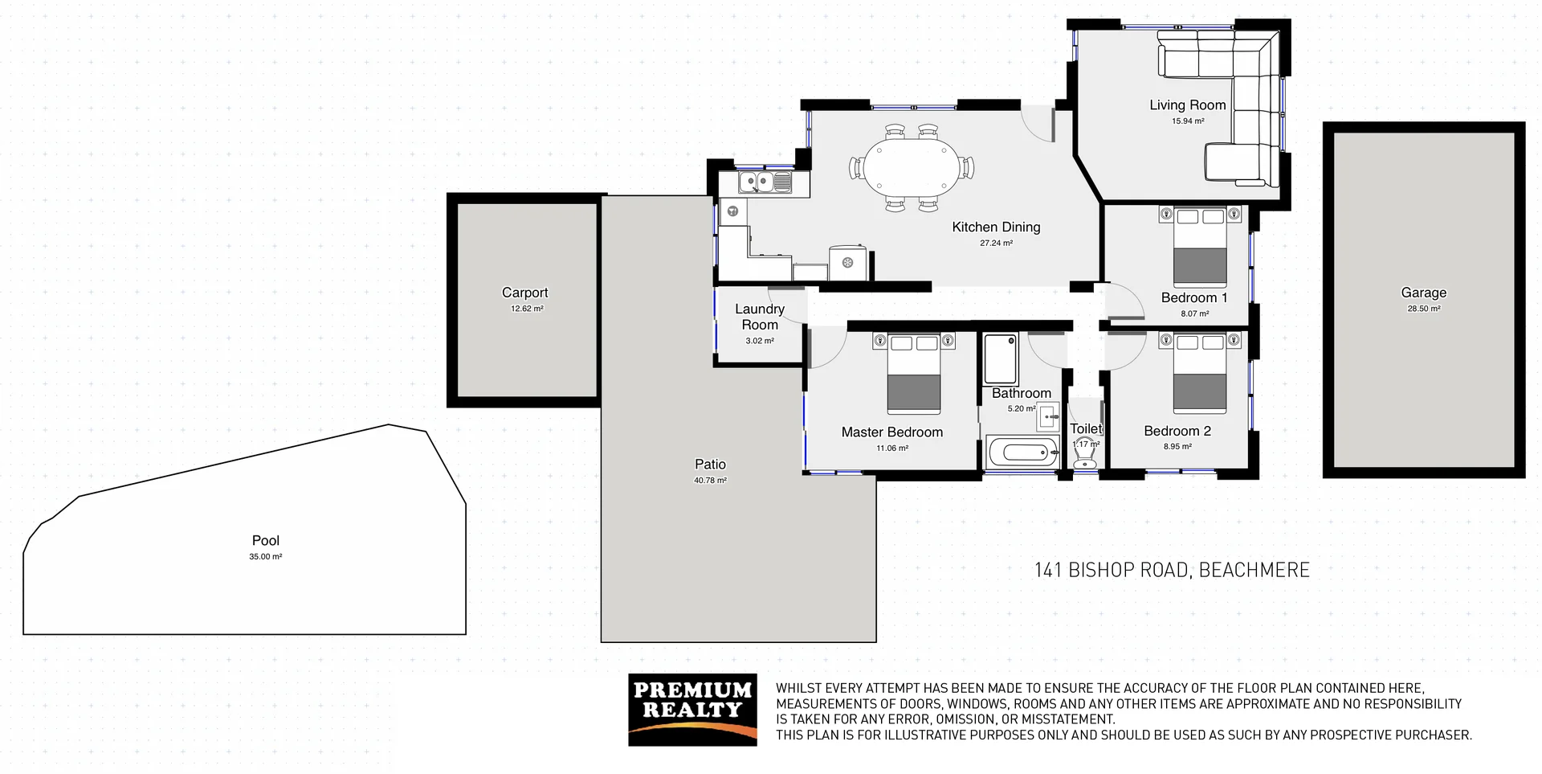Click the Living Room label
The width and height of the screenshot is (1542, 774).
click(x=1187, y=105)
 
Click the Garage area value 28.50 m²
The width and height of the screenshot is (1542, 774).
click(x=1423, y=309)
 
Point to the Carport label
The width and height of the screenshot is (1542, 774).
click(x=524, y=293)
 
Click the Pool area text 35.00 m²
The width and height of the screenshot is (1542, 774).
click(x=265, y=557)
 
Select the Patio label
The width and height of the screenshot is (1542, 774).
click(x=710, y=465)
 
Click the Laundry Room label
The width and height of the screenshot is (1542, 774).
click(x=759, y=317)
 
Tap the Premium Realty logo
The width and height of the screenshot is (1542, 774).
click(x=692, y=710)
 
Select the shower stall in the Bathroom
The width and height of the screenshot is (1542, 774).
click(x=1001, y=359)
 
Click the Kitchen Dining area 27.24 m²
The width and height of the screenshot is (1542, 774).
click(x=996, y=243)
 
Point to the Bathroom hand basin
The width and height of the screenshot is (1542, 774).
click(x=1048, y=417)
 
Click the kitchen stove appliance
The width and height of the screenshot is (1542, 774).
click(x=847, y=263)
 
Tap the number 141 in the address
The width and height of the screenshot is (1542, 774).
click(x=1048, y=571)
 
